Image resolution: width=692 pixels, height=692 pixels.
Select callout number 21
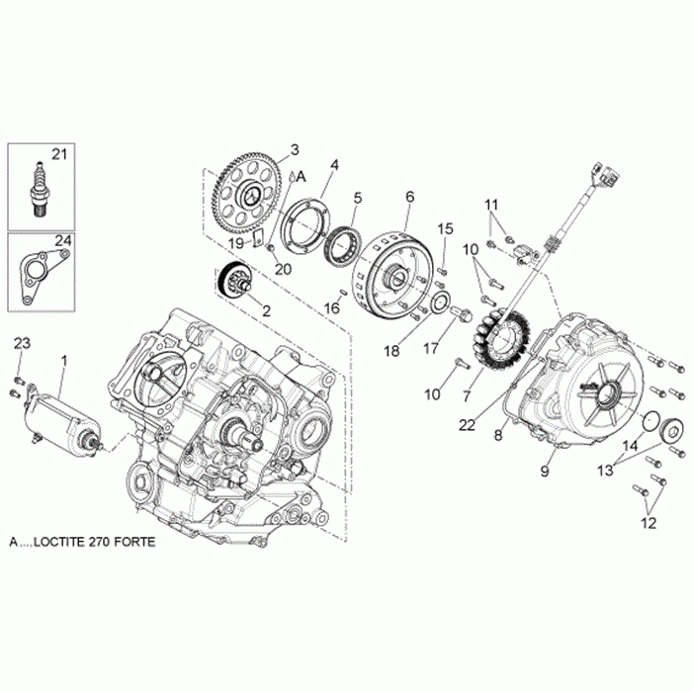click(x=60, y=154)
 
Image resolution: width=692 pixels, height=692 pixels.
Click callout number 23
click(x=22, y=343)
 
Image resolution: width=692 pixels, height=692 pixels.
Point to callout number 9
click(x=543, y=472)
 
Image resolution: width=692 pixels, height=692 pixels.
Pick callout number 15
click(x=446, y=229)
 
